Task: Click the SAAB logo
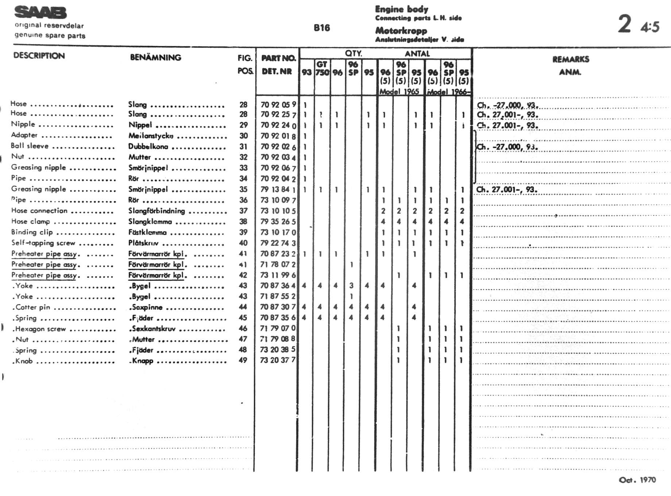coord(40,13)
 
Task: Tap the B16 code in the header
coord(322,28)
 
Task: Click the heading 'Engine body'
coord(402,9)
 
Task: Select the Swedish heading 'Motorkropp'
coord(401,31)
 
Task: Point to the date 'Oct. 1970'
coord(637,480)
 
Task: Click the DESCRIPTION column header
coord(39,56)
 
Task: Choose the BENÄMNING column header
coord(155,57)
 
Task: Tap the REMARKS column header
coord(571,59)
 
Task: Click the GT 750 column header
coord(322,68)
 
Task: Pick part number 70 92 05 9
coord(278,105)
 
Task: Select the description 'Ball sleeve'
coord(30,146)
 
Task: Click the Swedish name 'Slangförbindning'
coord(156,211)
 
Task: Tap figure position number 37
coord(243,211)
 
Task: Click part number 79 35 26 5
coord(278,221)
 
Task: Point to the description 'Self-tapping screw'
coord(43,243)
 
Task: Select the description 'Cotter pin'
coord(32,307)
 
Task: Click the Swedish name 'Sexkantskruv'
coord(154,329)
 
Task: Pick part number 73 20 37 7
coord(278,360)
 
